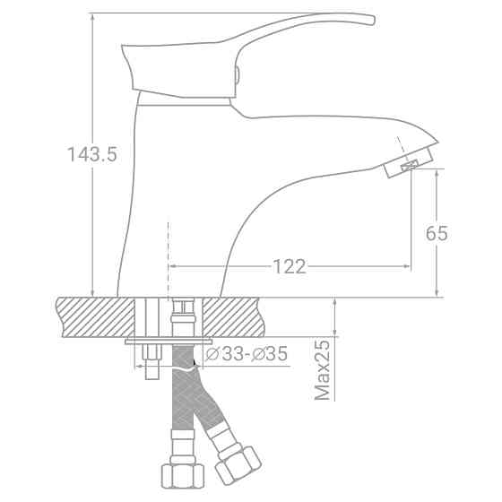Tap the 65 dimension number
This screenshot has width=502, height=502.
[x=437, y=234]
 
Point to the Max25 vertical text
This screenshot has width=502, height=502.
[x=324, y=370]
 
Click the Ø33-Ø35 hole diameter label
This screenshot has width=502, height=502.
[x=247, y=355]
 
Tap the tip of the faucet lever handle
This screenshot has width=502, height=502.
[x=367, y=21]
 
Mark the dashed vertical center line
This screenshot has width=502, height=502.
[x=168, y=251]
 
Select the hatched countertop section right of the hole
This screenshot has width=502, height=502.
[x=238, y=316]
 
